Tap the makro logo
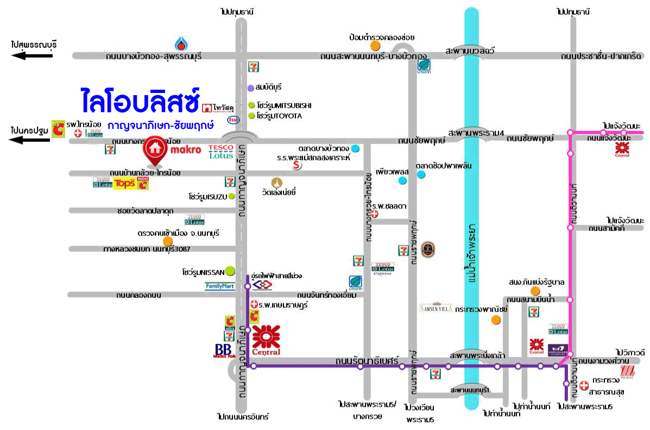click(x=187, y=149)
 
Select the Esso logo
click(x=233, y=120)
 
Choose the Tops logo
click(x=124, y=183)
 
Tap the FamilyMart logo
click(x=220, y=286)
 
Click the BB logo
click(x=224, y=351)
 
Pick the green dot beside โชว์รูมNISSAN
click(x=230, y=270)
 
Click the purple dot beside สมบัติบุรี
click(x=250, y=88)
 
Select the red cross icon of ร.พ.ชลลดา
click(x=374, y=214)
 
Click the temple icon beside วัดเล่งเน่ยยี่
click(x=277, y=182)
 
